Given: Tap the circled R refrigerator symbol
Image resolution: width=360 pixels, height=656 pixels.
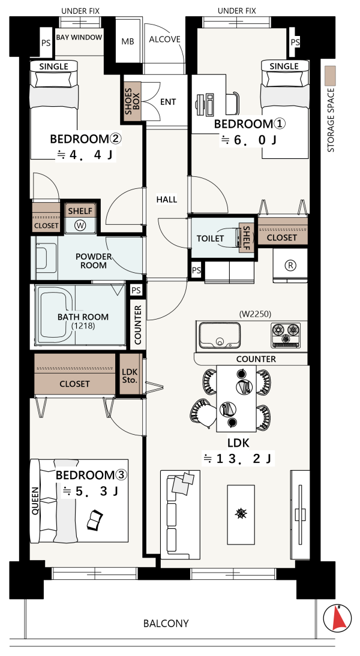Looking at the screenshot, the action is pos(290,265).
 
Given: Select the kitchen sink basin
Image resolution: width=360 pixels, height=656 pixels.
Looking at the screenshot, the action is pos(220,335).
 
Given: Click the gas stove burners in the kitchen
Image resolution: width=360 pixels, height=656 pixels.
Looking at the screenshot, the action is pos(286,335).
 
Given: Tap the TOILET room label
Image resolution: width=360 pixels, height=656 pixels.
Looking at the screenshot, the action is pos(210,239).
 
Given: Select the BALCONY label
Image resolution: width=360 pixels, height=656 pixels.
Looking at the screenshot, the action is pos(166,624).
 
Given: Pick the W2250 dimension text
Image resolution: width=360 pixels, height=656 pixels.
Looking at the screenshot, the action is pos(256,314).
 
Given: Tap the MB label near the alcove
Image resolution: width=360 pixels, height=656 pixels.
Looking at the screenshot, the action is pos(128,41).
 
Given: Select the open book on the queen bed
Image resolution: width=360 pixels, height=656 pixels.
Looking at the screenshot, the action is pos(94,520).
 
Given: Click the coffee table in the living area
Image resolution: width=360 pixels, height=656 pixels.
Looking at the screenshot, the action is pos(241,514).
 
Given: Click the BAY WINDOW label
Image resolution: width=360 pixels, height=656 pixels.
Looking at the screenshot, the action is pos(79,37).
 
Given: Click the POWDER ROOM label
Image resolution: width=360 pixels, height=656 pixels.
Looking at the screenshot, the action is pos(94,261).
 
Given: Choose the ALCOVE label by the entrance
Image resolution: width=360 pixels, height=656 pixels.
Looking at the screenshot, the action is pos(164,40).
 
